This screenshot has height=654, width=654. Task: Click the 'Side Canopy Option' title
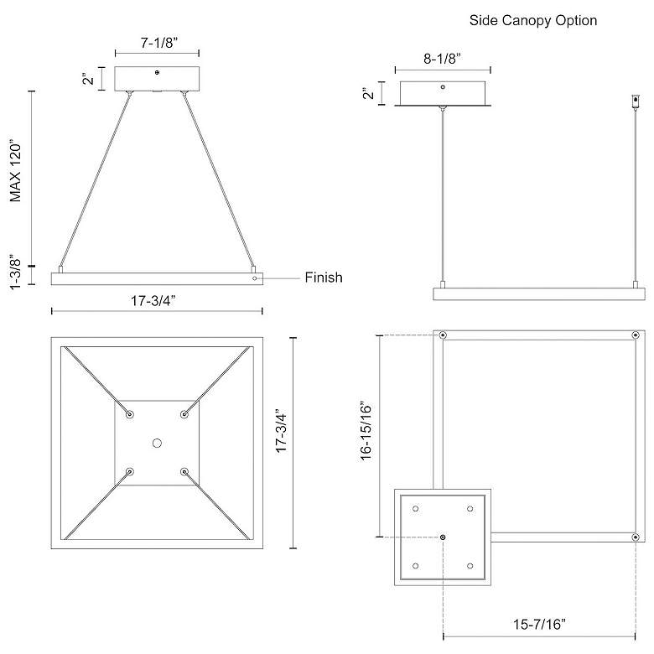point(533,20)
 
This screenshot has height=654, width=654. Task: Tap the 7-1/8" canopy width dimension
point(158,42)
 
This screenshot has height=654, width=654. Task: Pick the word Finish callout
point(323,278)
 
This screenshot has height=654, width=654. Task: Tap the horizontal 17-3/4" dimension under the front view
point(157,299)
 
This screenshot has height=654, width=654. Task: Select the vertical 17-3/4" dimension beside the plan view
point(283,442)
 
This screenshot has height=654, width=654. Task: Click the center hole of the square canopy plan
point(157,442)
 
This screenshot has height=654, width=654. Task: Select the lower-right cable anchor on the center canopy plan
point(184,471)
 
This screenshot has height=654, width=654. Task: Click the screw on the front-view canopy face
point(157,74)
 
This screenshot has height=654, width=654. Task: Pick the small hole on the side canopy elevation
point(444,86)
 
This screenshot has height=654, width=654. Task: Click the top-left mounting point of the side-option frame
point(443,335)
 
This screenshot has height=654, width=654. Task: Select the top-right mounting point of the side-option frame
point(636,335)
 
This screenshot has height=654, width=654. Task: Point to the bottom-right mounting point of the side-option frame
point(636,537)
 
